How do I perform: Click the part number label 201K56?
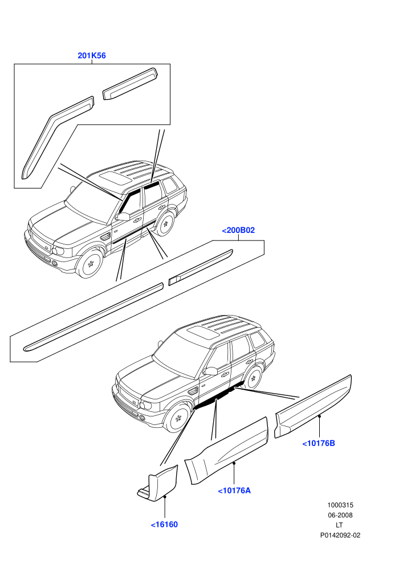click(x=92, y=56)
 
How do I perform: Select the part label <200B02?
click(x=238, y=230)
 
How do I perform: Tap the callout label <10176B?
click(x=319, y=443)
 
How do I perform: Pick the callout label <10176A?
click(x=234, y=491)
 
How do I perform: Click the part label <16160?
click(x=164, y=525)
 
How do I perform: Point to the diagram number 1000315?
click(x=340, y=505)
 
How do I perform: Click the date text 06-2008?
click(x=340, y=515)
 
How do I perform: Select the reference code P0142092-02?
click(x=340, y=535)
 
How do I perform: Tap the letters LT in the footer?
click(x=339, y=525)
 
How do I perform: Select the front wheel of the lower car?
click(x=177, y=418)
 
